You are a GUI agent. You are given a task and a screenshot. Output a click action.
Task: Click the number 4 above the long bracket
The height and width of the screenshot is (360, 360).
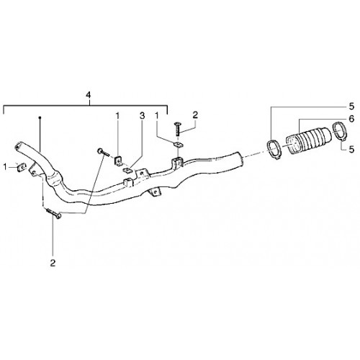pyautogui.click(x=89, y=95)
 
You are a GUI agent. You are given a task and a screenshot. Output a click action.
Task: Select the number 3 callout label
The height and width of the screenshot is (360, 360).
pyautogui.click(x=142, y=116)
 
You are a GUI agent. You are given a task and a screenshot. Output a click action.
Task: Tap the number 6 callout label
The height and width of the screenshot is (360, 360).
pyautogui.click(x=351, y=119)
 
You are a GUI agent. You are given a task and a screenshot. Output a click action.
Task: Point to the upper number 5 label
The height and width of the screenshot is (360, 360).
pyautogui.click(x=351, y=107)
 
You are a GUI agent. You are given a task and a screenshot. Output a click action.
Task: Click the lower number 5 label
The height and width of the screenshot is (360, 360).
pyautogui.click(x=351, y=150)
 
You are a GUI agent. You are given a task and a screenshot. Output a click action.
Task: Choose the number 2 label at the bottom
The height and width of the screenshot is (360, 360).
pyautogui.click(x=53, y=263)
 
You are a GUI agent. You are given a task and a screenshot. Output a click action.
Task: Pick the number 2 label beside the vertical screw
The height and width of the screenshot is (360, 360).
pyautogui.click(x=195, y=115)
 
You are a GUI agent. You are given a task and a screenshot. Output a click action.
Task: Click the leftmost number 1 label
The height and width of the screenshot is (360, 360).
pyautogui.click(x=5, y=166)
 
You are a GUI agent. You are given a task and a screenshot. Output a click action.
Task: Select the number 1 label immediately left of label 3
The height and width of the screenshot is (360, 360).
pyautogui.click(x=117, y=116)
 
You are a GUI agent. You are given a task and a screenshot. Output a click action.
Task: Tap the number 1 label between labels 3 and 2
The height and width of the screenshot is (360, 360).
pyautogui.click(x=157, y=116)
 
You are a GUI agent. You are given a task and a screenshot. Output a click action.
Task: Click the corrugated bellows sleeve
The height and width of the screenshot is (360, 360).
pyautogui.click(x=309, y=140)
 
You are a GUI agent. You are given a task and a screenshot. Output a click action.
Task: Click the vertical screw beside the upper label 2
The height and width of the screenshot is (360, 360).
pyautogui.click(x=178, y=129)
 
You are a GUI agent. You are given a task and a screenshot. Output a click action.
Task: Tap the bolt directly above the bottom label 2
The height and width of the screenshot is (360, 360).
pyautogui.click(x=54, y=213)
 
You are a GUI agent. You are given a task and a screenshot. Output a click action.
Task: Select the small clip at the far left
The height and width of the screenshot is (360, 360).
pyautogui.click(x=21, y=167)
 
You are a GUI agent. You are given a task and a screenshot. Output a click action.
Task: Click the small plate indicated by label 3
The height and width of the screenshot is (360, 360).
pyautogui.click(x=127, y=171)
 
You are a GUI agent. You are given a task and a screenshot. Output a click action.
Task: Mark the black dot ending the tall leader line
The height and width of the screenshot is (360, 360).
pyautogui.click(x=40, y=117)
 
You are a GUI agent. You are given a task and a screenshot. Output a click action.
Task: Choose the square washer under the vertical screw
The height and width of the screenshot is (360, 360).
pyautogui.click(x=178, y=144)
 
